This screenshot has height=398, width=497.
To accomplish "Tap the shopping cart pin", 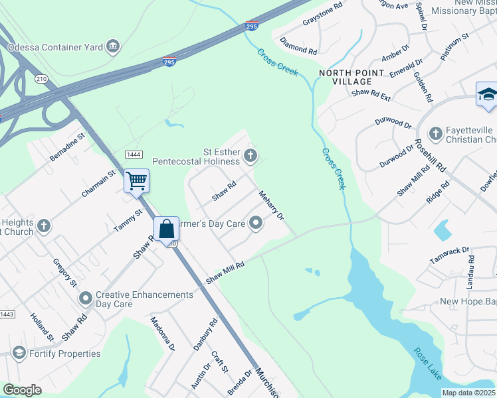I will click(x=136, y=180).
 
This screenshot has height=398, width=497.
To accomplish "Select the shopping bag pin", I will click(x=167, y=230).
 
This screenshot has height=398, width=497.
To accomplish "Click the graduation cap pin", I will click(x=487, y=94).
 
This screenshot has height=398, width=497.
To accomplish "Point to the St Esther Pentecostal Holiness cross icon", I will click(x=250, y=157).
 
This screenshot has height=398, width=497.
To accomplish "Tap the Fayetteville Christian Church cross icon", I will click(x=436, y=135).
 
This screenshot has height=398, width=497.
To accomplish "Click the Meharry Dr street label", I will click(x=271, y=207).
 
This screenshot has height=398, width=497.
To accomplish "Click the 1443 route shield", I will click(x=7, y=314).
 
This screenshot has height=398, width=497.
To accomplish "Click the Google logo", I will click(x=22, y=390).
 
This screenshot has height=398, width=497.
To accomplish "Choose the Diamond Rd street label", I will click(x=298, y=46).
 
